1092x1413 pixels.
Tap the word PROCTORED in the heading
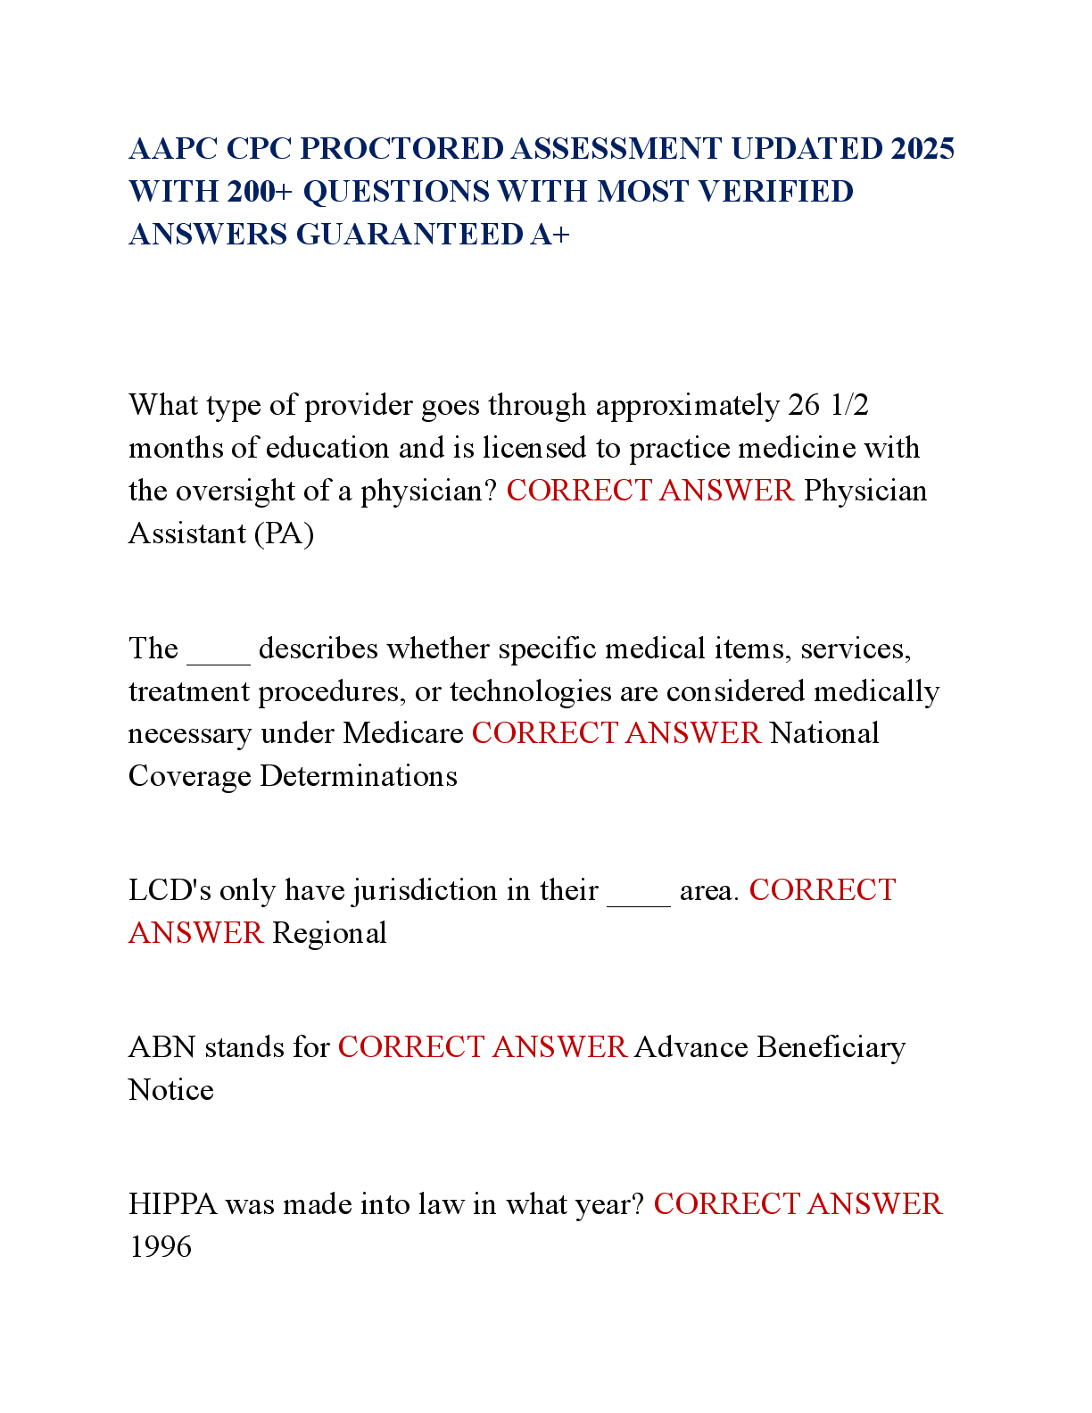pyautogui.click(x=401, y=149)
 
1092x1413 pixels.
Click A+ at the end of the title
pyautogui.click(x=550, y=234)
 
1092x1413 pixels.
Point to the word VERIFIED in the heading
pyautogui.click(x=775, y=191)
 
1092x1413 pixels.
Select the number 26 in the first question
pyautogui.click(x=804, y=405)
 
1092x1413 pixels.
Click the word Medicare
pyautogui.click(x=403, y=733)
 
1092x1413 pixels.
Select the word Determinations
pyautogui.click(x=359, y=776)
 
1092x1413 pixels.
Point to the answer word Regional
pyautogui.click(x=329, y=934)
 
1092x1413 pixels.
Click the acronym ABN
pyautogui.click(x=162, y=1047)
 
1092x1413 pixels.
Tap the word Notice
pyautogui.click(x=171, y=1090)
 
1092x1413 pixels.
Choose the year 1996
pyautogui.click(x=161, y=1247)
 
